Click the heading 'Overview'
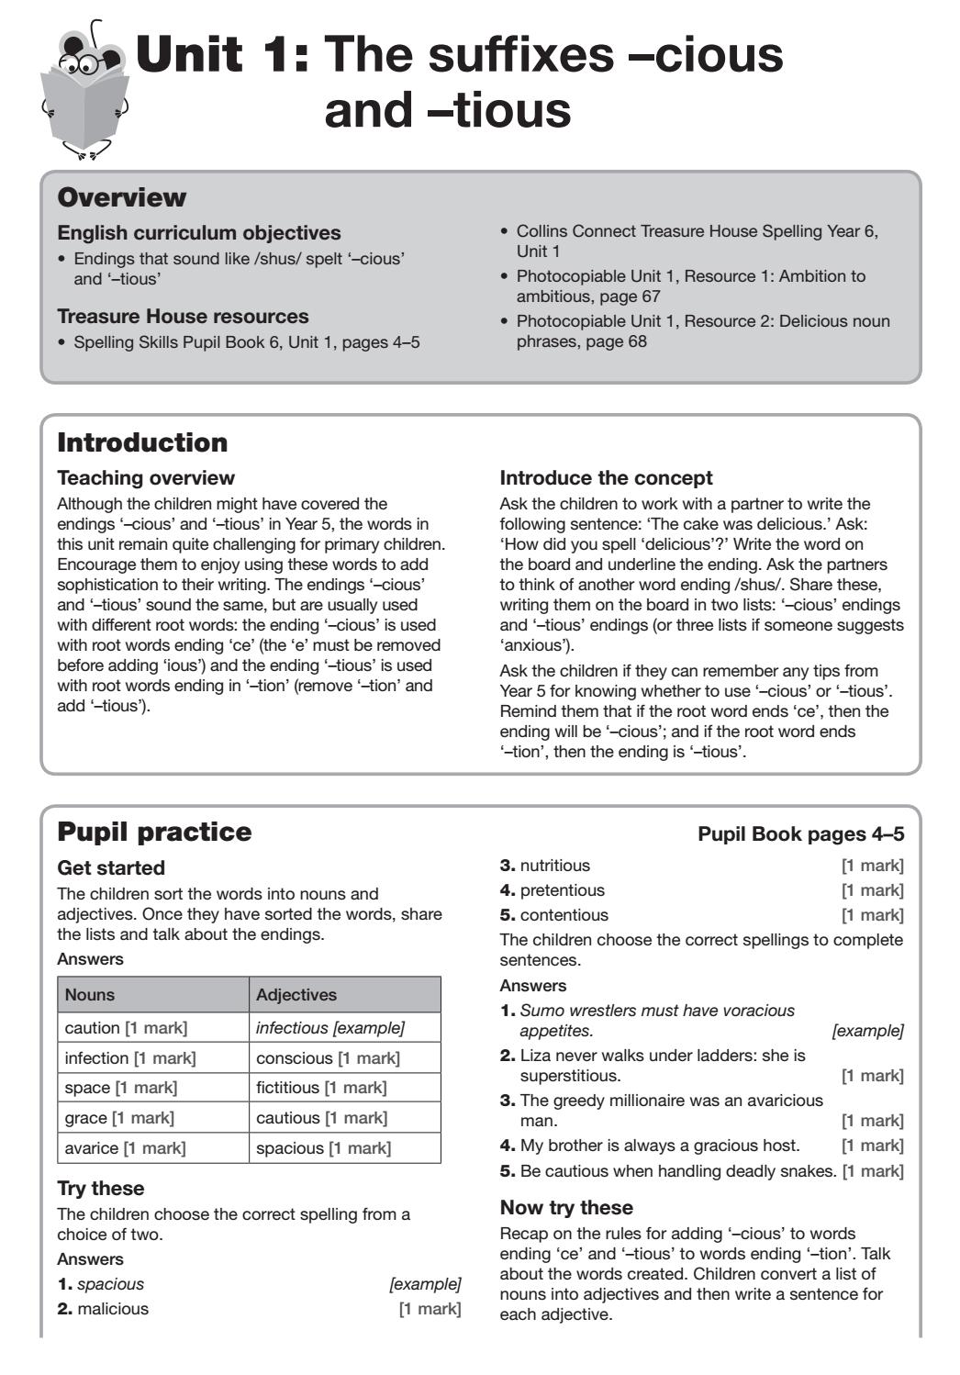[121, 197]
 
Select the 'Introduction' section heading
[142, 442]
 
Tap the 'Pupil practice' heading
[154, 832]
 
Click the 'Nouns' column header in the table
[90, 995]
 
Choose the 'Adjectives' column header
[296, 995]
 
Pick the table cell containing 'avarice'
[152, 1148]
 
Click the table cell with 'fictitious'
[343, 1088]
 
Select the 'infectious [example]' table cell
[343, 1028]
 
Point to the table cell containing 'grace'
[152, 1118]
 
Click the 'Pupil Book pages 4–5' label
[800, 833]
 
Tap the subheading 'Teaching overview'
[146, 478]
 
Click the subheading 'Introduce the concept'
[606, 478]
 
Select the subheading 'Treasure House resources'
[183, 317]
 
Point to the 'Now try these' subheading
[566, 1208]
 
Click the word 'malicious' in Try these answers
[113, 1309]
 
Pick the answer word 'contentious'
[564, 915]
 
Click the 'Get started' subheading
[111, 868]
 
